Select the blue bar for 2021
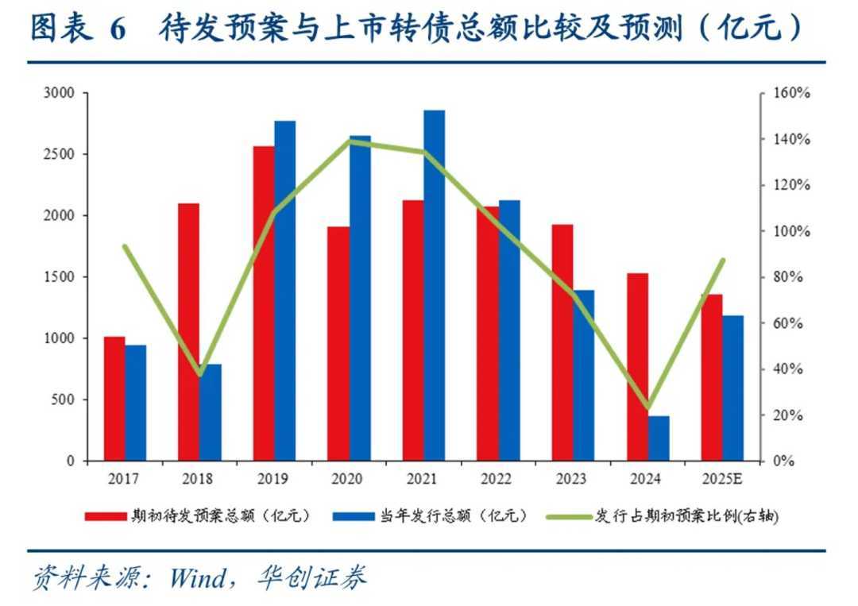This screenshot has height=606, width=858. point(435,286)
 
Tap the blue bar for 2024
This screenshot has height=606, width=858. point(659,438)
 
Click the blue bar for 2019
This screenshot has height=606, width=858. point(284,291)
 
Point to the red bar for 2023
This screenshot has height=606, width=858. point(562,342)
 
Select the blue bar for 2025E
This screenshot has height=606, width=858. point(732,388)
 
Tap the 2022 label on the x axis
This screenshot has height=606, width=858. point(497,480)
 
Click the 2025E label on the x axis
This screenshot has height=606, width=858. point(722,480)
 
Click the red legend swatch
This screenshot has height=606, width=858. point(106,516)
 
